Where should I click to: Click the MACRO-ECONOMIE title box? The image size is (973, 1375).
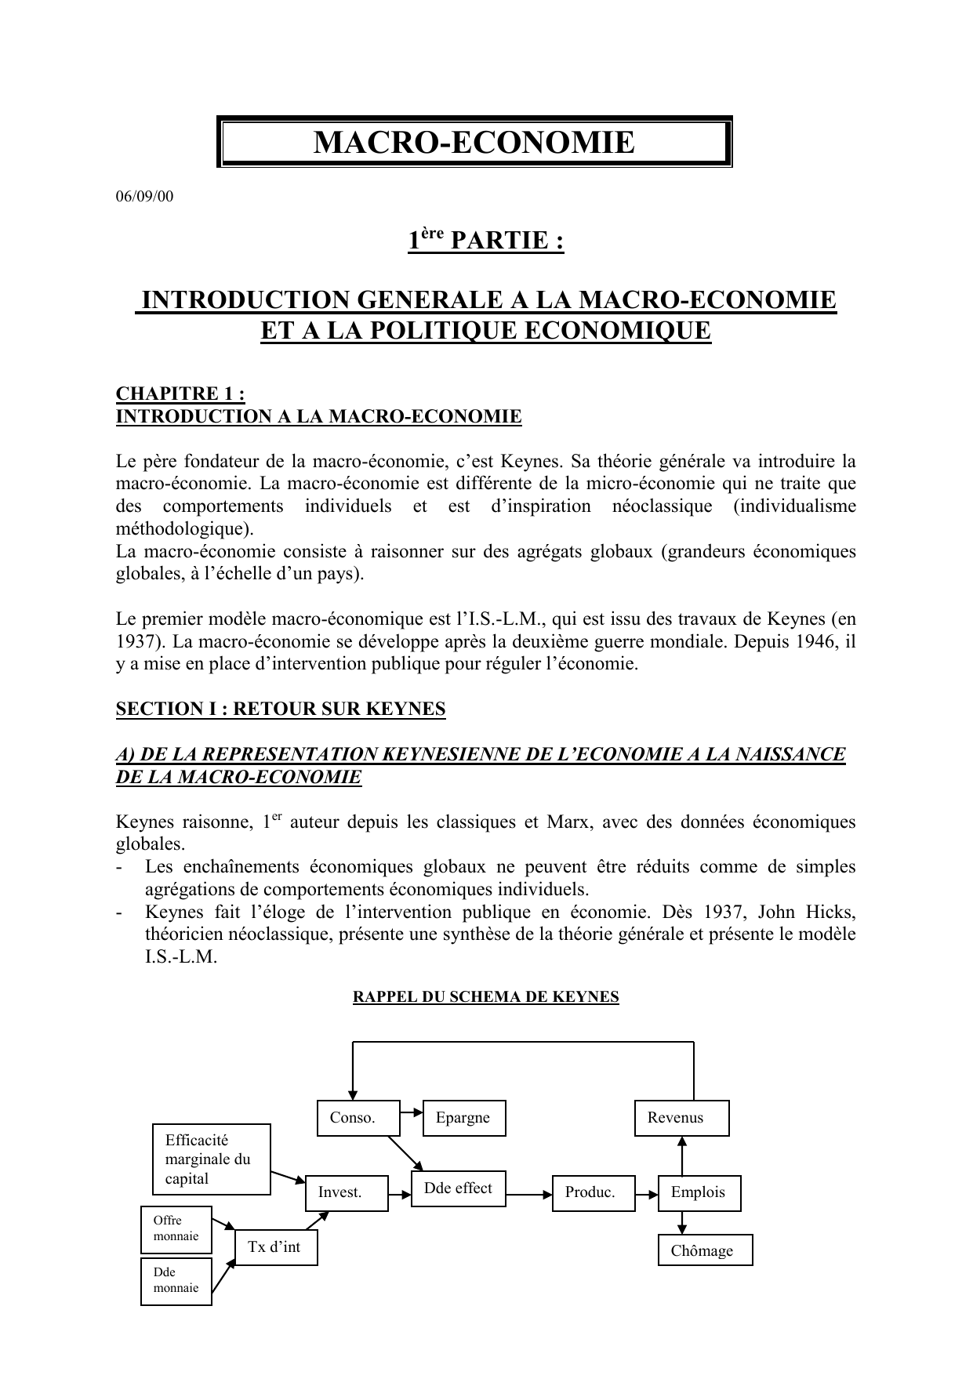pyautogui.click(x=474, y=143)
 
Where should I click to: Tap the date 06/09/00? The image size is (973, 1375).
pyautogui.click(x=144, y=197)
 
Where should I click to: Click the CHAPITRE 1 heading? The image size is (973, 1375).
pyautogui.click(x=180, y=394)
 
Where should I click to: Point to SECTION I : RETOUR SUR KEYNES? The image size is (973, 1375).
pyautogui.click(x=281, y=709)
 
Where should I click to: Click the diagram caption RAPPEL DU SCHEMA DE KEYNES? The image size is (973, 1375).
pyautogui.click(x=486, y=997)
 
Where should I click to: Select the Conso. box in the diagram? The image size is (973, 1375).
pyautogui.click(x=358, y=1118)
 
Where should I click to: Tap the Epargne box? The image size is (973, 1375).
pyautogui.click(x=464, y=1118)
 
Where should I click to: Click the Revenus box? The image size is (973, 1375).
pyautogui.click(x=681, y=1118)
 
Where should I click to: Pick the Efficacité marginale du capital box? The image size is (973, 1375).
pyautogui.click(x=211, y=1159)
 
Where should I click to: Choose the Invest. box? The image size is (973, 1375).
pyautogui.click(x=347, y=1192)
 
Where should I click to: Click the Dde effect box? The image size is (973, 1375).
pyautogui.click(x=459, y=1188)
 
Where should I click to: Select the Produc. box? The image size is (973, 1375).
pyautogui.click(x=594, y=1192)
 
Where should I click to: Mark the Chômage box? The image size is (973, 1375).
pyautogui.click(x=705, y=1250)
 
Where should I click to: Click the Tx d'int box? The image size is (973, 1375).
pyautogui.click(x=276, y=1247)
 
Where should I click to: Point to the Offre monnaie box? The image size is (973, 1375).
pyautogui.click(x=176, y=1228)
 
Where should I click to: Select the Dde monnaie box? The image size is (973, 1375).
pyautogui.click(x=176, y=1281)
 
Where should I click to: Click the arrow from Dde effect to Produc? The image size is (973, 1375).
pyautogui.click(x=529, y=1195)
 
